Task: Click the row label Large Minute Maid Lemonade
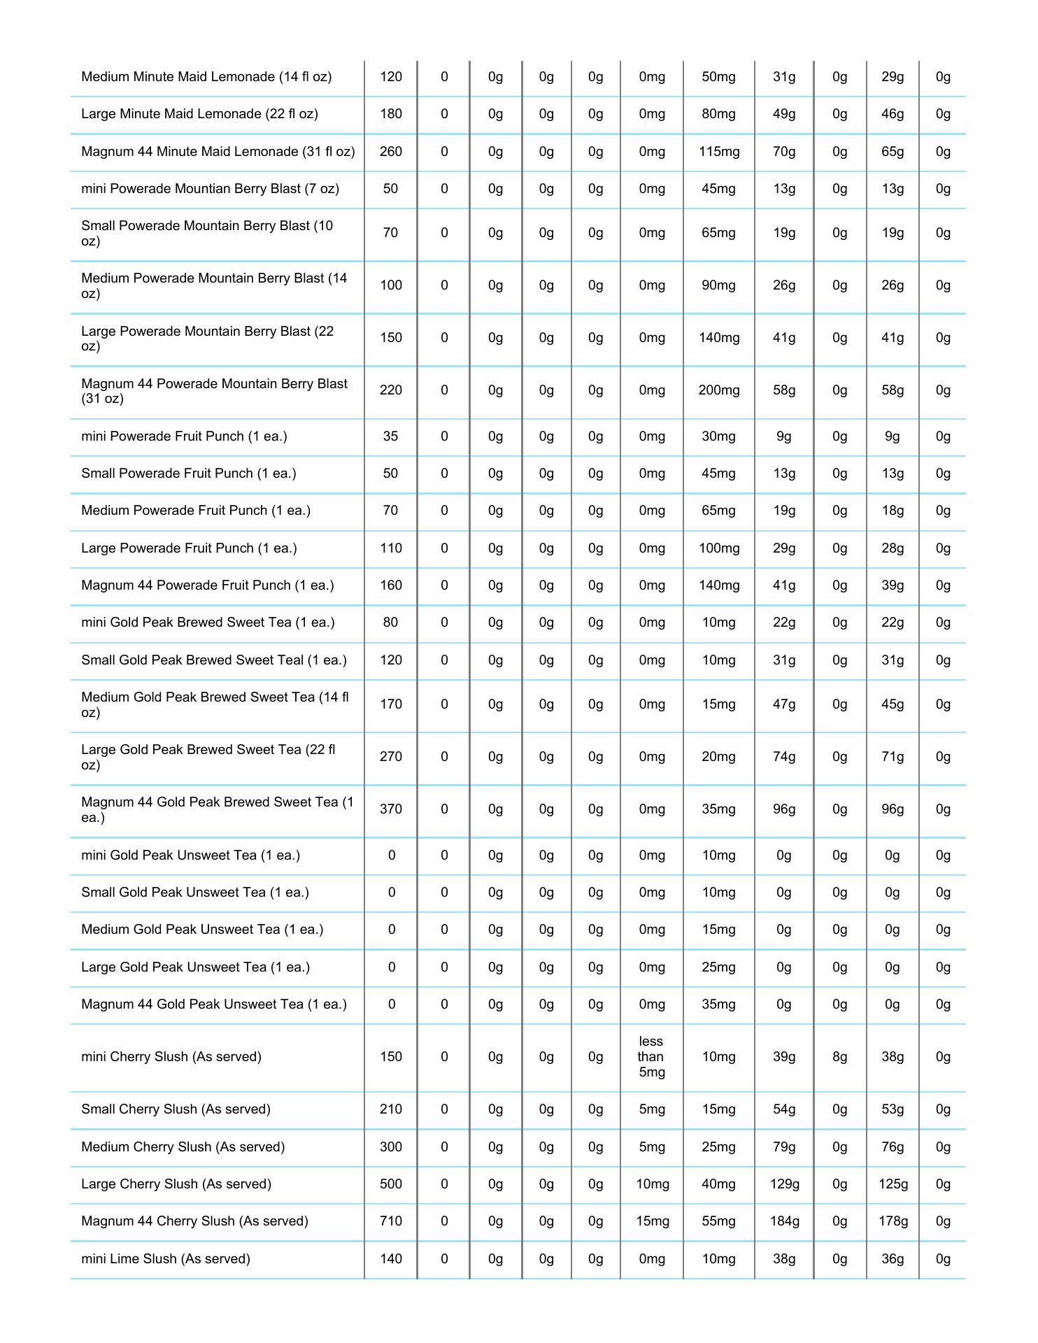click(x=199, y=114)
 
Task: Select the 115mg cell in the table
click(x=718, y=152)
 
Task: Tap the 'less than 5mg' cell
click(x=651, y=1056)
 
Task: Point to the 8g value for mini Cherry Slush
click(x=839, y=1056)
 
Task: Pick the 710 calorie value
click(x=390, y=1221)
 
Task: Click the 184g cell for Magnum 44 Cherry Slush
click(x=784, y=1221)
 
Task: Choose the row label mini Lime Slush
click(x=165, y=1258)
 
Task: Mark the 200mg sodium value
click(x=718, y=390)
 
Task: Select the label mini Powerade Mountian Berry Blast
click(x=210, y=189)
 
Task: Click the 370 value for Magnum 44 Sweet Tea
click(x=390, y=809)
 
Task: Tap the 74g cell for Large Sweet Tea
click(x=784, y=757)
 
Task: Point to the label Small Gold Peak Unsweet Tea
click(x=194, y=892)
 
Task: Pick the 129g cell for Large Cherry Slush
click(x=784, y=1184)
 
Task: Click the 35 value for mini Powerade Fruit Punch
click(x=390, y=436)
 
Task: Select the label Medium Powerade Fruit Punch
click(x=196, y=511)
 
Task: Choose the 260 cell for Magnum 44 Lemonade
click(x=390, y=152)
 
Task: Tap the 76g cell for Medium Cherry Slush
click(x=893, y=1146)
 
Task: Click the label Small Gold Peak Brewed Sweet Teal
click(x=213, y=660)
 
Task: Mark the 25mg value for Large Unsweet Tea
click(x=718, y=967)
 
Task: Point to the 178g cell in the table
click(x=893, y=1221)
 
